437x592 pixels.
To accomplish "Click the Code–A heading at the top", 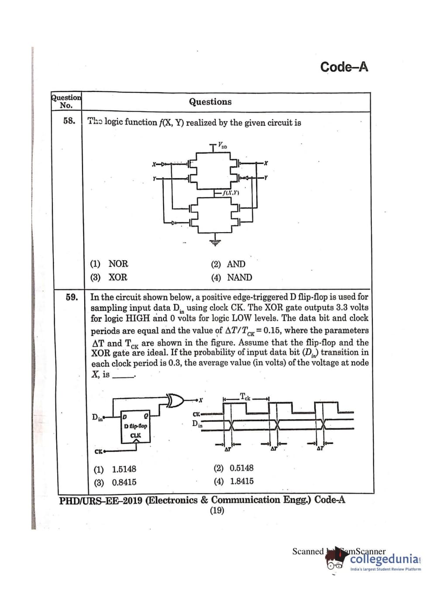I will click(x=344, y=67).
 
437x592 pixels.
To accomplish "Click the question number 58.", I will click(x=69, y=121).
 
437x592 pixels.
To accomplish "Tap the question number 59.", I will click(x=72, y=297).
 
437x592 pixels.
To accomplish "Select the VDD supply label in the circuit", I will click(x=223, y=145).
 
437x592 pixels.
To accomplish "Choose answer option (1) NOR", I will click(x=109, y=264).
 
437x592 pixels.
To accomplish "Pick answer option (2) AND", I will click(x=228, y=264).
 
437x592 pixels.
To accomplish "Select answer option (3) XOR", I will click(x=109, y=277).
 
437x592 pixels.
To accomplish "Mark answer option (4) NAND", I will click(x=231, y=277).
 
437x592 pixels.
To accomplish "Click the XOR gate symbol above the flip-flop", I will click(x=176, y=400).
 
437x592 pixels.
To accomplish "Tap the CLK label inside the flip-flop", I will click(x=136, y=435).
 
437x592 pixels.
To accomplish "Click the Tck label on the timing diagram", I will click(x=245, y=397).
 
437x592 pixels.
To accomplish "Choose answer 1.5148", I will click(x=115, y=469).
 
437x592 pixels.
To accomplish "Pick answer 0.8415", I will click(x=115, y=482).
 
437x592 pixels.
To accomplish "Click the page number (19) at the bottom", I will click(x=217, y=510).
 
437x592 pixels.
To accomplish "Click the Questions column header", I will click(x=210, y=102).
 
